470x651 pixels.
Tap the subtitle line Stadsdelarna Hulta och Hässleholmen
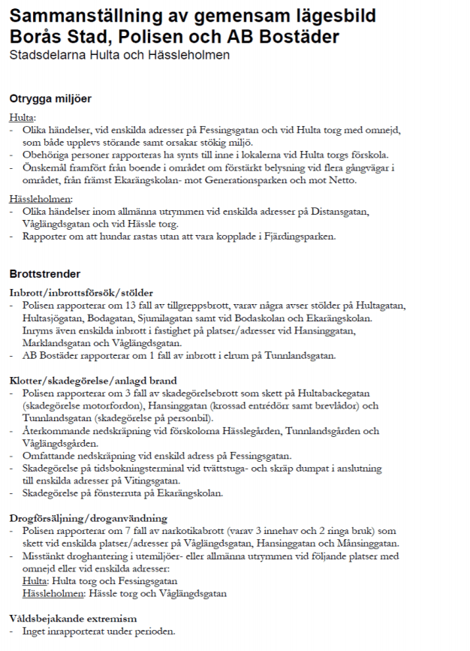tap(119, 55)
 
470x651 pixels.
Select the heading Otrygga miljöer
tap(50, 98)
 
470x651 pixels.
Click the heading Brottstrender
tap(44, 273)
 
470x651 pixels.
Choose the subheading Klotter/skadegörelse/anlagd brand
tap(93, 381)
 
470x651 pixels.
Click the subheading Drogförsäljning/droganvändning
tap(88, 517)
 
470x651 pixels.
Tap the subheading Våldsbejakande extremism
tap(73, 618)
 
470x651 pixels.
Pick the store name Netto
tap(346, 180)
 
